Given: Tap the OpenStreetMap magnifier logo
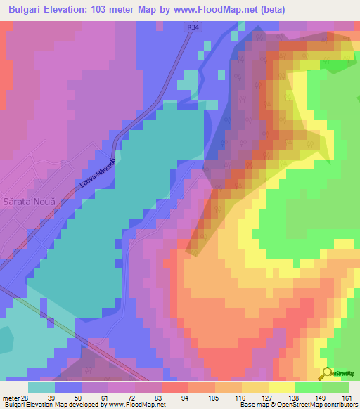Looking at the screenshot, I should (327, 372).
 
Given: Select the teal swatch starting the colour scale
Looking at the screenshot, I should (41, 387).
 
